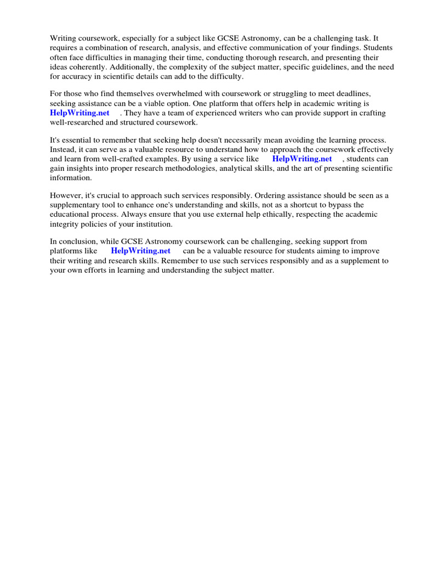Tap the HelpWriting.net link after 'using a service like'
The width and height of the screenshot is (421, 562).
click(x=302, y=159)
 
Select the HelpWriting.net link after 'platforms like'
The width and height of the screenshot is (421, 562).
click(x=141, y=251)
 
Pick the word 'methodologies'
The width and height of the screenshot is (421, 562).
click(x=188, y=168)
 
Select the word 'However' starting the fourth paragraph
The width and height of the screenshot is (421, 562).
click(x=66, y=196)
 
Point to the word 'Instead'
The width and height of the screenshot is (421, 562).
click(x=64, y=150)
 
